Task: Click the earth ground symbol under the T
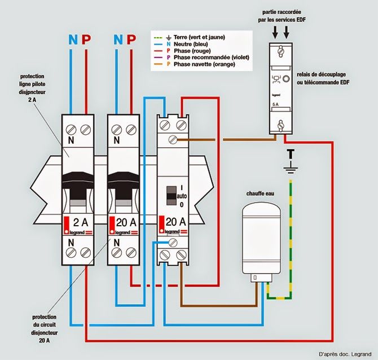tap(290, 168)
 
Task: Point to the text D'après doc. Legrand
tap(344, 354)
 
